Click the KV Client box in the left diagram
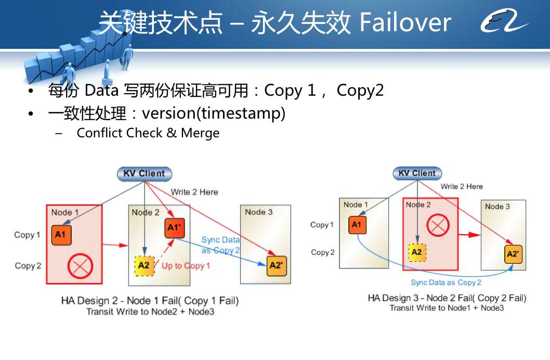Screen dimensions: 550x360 145,174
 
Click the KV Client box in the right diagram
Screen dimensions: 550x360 417,173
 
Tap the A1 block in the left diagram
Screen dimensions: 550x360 61,235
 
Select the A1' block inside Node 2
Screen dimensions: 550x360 174,228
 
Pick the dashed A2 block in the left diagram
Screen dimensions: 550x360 145,266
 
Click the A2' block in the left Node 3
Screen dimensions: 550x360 277,266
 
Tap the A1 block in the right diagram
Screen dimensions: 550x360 358,225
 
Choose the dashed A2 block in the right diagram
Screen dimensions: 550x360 417,252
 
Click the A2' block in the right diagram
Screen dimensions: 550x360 513,254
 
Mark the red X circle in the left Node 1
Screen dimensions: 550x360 80,266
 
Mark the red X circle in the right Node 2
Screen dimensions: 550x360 438,225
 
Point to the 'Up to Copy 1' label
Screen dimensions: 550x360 186,266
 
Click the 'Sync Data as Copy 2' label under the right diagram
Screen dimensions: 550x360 446,282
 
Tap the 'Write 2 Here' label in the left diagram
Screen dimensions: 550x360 194,192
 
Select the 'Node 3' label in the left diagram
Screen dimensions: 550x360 259,212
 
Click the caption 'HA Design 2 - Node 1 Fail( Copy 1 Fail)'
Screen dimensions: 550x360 150,301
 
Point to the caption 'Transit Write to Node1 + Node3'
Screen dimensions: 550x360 447,308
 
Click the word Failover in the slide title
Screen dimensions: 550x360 405,22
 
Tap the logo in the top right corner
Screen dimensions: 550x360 504,21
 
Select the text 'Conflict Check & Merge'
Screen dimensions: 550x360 148,133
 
